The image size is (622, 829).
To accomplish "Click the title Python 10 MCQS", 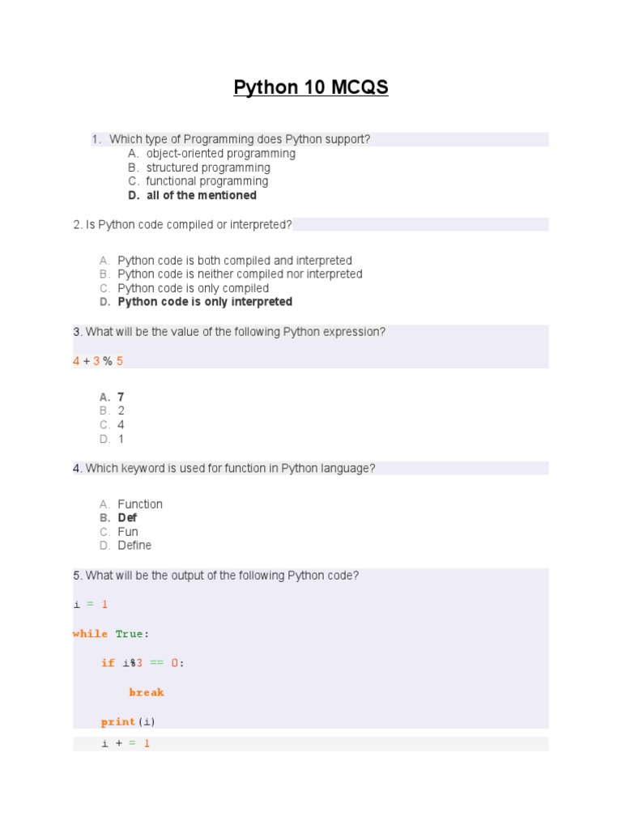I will pyautogui.click(x=311, y=87).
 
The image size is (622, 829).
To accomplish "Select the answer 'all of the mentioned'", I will pyautogui.click(x=201, y=195).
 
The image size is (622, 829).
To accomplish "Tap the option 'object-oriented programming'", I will pyautogui.click(x=220, y=154).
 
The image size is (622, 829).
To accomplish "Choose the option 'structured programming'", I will pyautogui.click(x=207, y=168).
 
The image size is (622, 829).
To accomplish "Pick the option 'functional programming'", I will pyautogui.click(x=207, y=181).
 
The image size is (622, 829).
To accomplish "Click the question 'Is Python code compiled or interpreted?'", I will pyautogui.click(x=182, y=224).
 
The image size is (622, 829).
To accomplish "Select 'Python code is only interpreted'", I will pyautogui.click(x=205, y=302).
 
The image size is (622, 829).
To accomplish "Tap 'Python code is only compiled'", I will pyautogui.click(x=193, y=288).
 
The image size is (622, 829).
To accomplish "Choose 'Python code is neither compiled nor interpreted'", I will pyautogui.click(x=240, y=274).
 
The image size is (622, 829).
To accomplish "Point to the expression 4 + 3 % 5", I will pyautogui.click(x=98, y=361).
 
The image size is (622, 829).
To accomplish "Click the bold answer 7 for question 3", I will pyautogui.click(x=121, y=397).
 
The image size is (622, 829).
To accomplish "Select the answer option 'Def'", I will pyautogui.click(x=127, y=518).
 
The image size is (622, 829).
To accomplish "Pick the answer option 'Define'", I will pyautogui.click(x=134, y=546).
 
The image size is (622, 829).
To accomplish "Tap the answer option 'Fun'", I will pyautogui.click(x=128, y=532).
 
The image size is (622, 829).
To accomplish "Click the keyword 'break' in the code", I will pyautogui.click(x=146, y=692).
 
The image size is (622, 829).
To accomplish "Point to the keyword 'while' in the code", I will pyautogui.click(x=90, y=634).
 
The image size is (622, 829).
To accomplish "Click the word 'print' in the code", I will pyautogui.click(x=117, y=721).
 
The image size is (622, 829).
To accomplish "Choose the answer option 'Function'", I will pyautogui.click(x=140, y=504).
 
